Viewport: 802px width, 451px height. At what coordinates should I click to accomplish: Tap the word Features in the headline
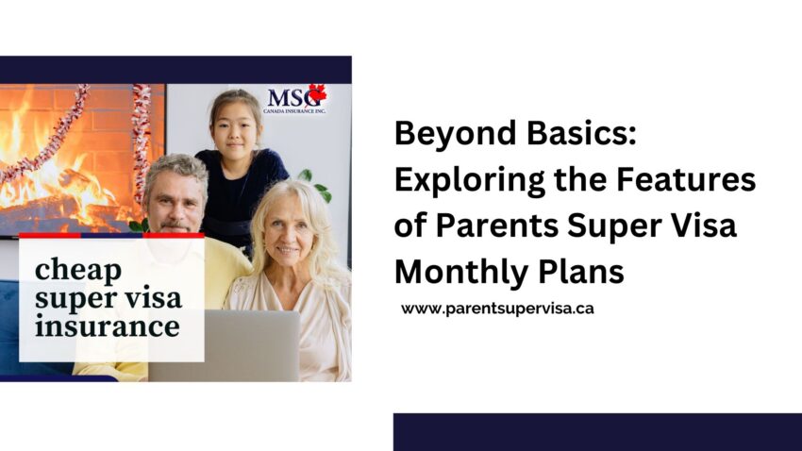pyautogui.click(x=685, y=179)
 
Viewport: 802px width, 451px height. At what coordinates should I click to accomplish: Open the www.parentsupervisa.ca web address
pyautogui.click(x=497, y=309)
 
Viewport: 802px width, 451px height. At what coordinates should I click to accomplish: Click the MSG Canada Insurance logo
pyautogui.click(x=296, y=99)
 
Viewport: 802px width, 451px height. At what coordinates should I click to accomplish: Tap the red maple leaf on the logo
pyautogui.click(x=317, y=93)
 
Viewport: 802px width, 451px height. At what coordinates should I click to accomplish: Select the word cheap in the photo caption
pyautogui.click(x=77, y=271)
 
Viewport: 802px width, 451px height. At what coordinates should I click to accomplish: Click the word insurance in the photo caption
pyautogui.click(x=108, y=326)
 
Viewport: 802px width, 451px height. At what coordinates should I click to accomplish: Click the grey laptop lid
pyautogui.click(x=224, y=345)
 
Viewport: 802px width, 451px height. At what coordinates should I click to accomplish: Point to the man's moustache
pyautogui.click(x=175, y=225)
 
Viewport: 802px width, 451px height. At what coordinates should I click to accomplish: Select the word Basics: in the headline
pyautogui.click(x=581, y=134)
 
